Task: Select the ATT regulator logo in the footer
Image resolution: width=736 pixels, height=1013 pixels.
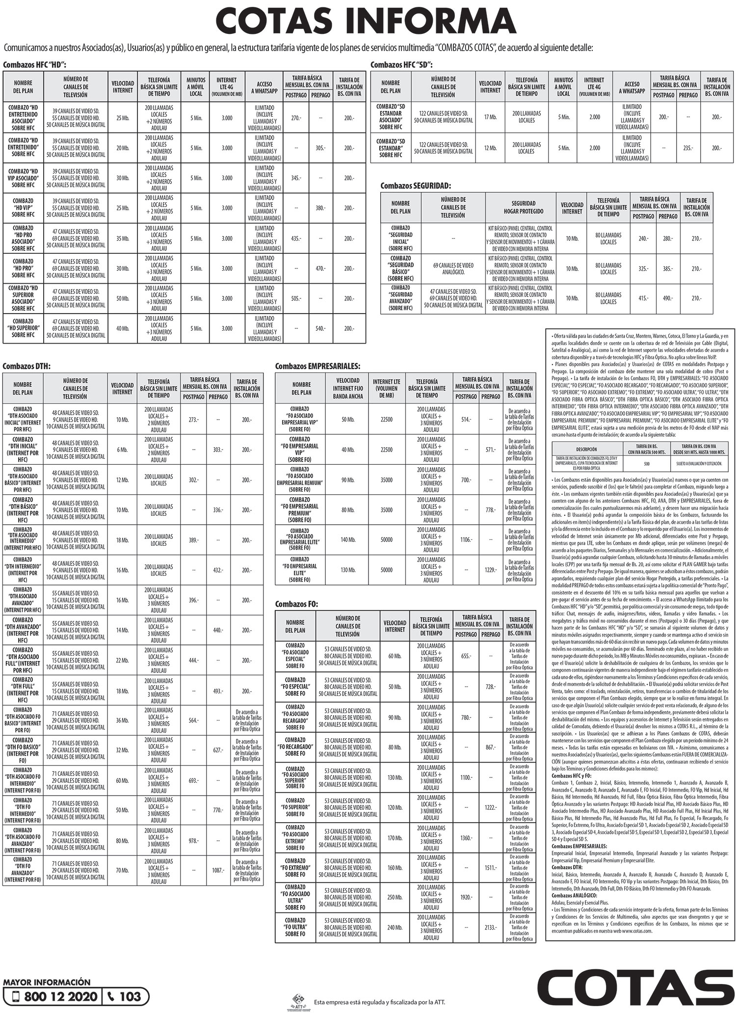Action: coord(298,1001)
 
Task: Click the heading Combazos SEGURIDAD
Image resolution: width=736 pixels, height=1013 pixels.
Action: coord(416,186)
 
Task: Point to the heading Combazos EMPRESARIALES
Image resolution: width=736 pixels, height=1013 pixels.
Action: coord(317,366)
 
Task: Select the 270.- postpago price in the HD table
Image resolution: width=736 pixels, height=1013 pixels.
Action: coord(296,118)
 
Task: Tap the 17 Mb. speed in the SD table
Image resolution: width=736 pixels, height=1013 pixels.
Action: coord(490,117)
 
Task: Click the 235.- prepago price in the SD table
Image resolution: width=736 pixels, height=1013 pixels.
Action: coord(688,148)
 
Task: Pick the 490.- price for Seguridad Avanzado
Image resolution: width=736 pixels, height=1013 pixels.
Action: coord(667,298)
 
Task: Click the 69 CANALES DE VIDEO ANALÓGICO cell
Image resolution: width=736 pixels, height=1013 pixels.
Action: coord(453,268)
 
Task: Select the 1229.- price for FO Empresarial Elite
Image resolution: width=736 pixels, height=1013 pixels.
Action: coord(490,570)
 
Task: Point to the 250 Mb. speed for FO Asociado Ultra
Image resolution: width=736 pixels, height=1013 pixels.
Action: coord(394,897)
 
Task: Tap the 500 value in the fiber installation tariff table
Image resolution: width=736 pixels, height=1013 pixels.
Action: coord(646,463)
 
